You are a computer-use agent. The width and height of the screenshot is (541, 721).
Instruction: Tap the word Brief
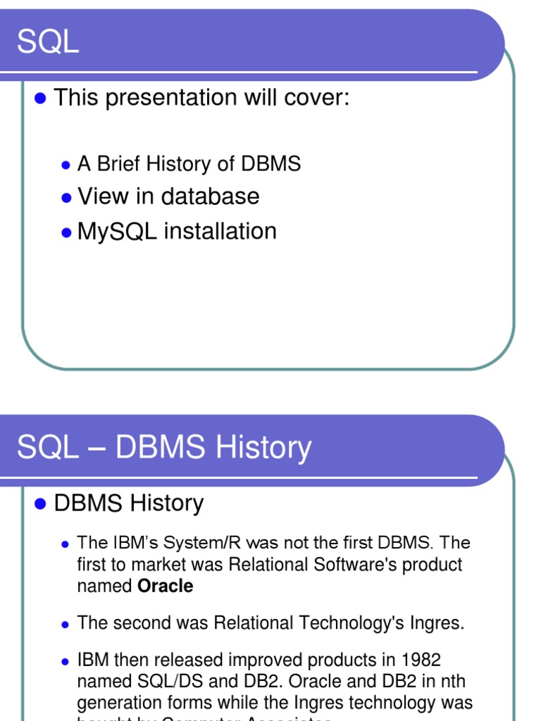(x=119, y=164)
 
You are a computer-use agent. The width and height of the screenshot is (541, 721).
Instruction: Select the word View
(x=103, y=196)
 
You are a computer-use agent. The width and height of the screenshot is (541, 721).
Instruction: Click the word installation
(x=220, y=232)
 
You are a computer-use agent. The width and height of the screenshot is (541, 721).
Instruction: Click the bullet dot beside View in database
(x=66, y=198)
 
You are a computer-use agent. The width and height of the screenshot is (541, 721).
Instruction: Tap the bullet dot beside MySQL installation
(x=66, y=232)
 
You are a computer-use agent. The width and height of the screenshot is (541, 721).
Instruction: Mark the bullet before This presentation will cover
(x=40, y=98)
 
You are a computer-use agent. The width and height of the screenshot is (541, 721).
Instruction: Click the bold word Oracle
(x=166, y=587)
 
